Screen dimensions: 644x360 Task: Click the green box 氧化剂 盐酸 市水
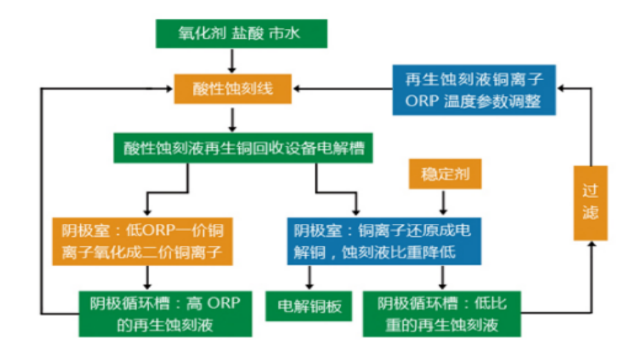click(x=242, y=34)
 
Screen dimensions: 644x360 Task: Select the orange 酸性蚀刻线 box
click(x=233, y=88)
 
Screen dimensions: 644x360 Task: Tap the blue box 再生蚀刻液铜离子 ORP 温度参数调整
click(x=474, y=90)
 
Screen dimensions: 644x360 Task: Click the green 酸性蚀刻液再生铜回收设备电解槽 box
click(x=243, y=148)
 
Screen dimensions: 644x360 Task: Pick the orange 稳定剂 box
click(x=445, y=174)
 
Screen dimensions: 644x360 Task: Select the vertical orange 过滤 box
click(x=590, y=202)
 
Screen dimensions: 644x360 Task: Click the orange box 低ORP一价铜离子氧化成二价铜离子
click(x=142, y=241)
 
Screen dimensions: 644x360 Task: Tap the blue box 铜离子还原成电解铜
click(x=384, y=241)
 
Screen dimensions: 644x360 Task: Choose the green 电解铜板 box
click(x=309, y=306)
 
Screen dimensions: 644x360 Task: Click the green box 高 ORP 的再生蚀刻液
click(x=166, y=314)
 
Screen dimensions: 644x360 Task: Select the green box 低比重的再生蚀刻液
click(x=442, y=314)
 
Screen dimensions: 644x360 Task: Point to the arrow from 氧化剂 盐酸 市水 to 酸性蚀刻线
click(x=232, y=61)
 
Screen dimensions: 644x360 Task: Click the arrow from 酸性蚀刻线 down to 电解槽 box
click(x=232, y=120)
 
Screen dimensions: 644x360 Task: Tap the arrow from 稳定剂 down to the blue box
click(x=443, y=202)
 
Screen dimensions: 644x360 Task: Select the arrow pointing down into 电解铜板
click(x=310, y=278)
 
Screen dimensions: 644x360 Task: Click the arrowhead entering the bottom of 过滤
click(x=591, y=244)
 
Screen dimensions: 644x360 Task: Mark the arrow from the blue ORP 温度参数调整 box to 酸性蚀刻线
click(x=343, y=88)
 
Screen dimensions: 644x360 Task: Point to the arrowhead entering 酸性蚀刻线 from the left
click(x=169, y=88)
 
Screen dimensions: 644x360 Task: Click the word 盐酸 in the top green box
click(x=247, y=33)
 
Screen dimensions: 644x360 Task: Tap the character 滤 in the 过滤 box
click(x=591, y=212)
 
